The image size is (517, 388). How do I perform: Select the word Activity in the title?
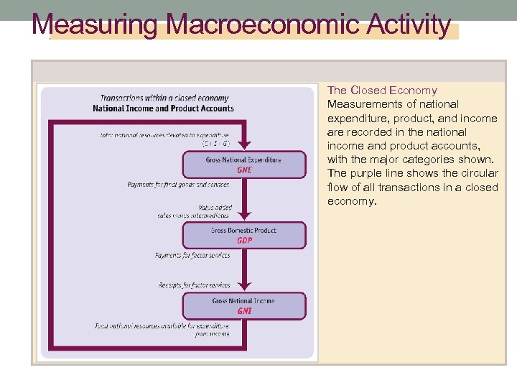click(408, 25)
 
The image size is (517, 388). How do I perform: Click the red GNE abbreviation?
click(244, 170)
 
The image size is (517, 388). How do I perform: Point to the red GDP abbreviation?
click(244, 241)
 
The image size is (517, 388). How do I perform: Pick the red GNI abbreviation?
click(244, 311)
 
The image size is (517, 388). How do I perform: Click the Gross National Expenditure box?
click(243, 165)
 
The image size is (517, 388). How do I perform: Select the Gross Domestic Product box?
click(243, 235)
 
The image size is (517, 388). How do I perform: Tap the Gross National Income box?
click(243, 305)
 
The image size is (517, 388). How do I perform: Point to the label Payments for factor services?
click(192, 255)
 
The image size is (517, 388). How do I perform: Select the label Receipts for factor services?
click(195, 285)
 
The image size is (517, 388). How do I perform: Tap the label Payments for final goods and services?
click(178, 185)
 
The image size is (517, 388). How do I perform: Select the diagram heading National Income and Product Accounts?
click(164, 108)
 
